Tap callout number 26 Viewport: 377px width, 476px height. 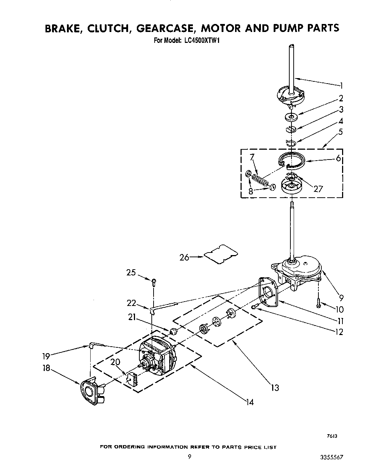[x=184, y=257]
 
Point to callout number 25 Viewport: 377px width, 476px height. [x=131, y=272]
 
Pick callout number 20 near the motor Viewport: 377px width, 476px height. [x=115, y=362]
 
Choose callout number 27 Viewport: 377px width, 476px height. [x=318, y=189]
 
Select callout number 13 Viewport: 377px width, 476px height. [x=275, y=388]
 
